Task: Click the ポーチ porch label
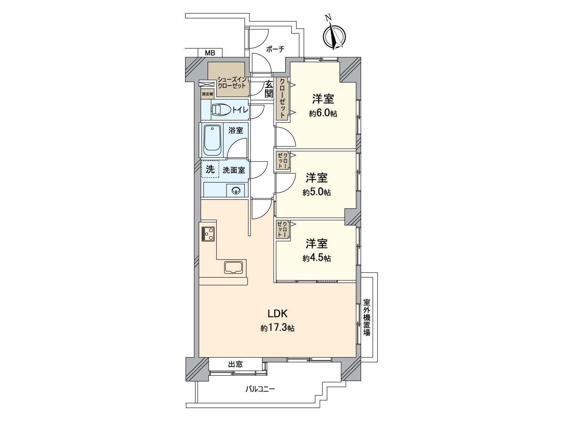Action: coord(275,49)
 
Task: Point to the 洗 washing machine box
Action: coord(210,170)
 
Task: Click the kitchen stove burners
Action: coord(208,234)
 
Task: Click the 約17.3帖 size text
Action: coord(277,328)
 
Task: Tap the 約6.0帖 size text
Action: coord(323,114)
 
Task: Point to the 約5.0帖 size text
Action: coord(316,192)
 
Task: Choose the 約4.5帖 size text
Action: coord(316,258)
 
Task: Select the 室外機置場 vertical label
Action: coord(367,317)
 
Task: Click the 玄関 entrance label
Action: coord(269,89)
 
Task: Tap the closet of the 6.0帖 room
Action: coord(283,99)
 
